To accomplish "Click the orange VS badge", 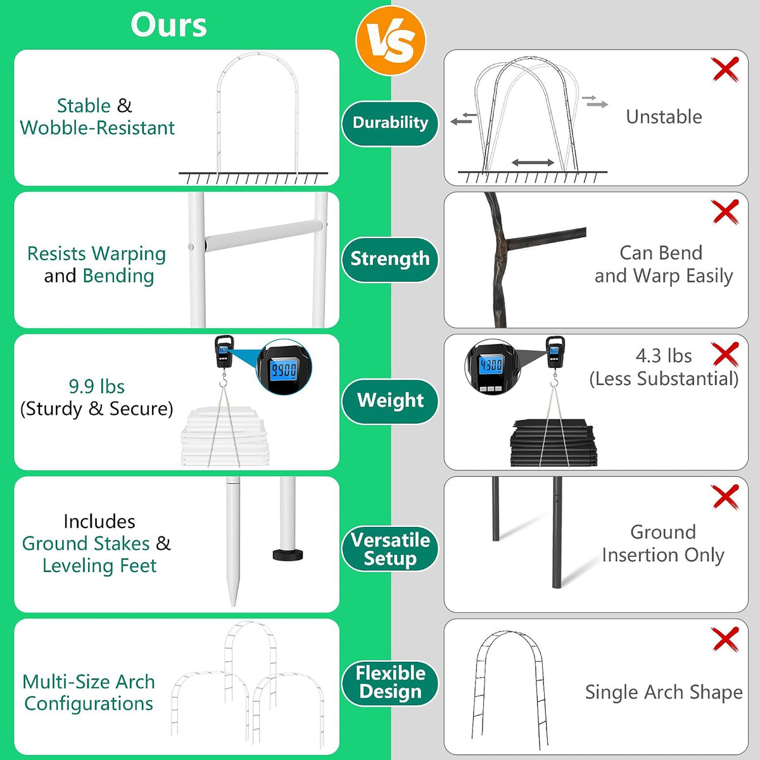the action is click(x=391, y=41).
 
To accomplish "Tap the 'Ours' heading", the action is click(x=168, y=25).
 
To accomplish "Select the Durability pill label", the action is click(x=390, y=123).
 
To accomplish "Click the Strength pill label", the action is click(x=390, y=259).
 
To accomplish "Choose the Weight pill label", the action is click(x=390, y=401).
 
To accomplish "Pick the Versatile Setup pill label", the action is click(x=390, y=548).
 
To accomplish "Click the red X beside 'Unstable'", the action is click(x=725, y=70).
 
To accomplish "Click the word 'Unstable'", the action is click(x=664, y=117).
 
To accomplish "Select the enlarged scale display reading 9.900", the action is click(x=284, y=369).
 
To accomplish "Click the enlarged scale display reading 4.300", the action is click(x=491, y=365).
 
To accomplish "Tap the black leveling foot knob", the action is click(x=288, y=554).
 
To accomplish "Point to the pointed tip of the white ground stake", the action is click(x=233, y=605).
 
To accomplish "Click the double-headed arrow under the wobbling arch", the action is click(x=533, y=163).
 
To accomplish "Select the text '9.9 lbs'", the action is click(x=97, y=386).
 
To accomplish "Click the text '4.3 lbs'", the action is click(x=663, y=356).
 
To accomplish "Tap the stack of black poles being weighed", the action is click(x=554, y=443).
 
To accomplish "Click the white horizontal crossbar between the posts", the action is click(x=263, y=236).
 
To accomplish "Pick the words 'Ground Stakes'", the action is click(x=86, y=543).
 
